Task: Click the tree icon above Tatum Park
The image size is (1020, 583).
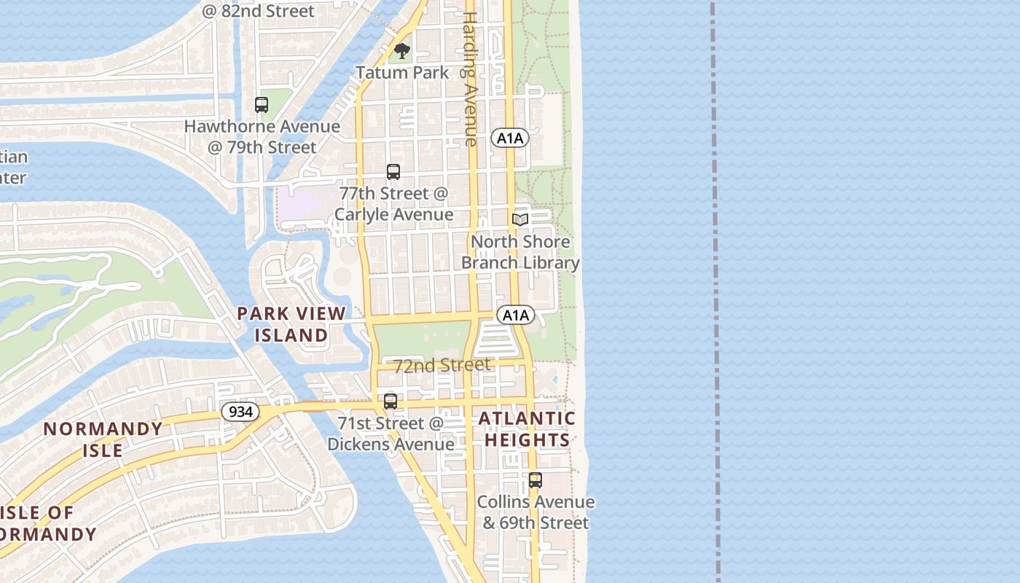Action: (x=402, y=51)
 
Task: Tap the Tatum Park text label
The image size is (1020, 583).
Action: (x=402, y=73)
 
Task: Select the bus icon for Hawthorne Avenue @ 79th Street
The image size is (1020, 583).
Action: (x=262, y=105)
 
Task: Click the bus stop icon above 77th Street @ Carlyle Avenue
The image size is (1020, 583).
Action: (x=393, y=172)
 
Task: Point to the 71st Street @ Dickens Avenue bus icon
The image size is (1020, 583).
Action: (x=391, y=402)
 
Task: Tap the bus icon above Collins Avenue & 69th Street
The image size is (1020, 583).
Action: (x=535, y=480)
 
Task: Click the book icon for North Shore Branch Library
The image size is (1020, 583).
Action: (x=520, y=219)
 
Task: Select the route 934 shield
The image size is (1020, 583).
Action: (x=240, y=412)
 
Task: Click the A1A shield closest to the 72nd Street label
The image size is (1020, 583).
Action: (x=516, y=315)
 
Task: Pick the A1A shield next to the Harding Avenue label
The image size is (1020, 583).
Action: (x=509, y=138)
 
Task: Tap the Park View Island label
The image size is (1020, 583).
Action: (x=291, y=324)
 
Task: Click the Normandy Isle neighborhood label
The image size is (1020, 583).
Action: (x=103, y=439)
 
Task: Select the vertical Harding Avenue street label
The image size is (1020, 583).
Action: (x=471, y=79)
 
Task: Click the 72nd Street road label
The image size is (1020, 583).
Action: (x=442, y=365)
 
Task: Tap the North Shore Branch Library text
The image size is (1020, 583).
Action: (x=520, y=252)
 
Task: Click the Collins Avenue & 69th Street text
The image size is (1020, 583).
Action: (x=535, y=512)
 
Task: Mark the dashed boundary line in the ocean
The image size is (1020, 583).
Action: (x=715, y=291)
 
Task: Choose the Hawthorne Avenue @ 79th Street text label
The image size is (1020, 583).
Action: (x=262, y=136)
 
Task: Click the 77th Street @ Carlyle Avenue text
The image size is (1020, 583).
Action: (x=393, y=204)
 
